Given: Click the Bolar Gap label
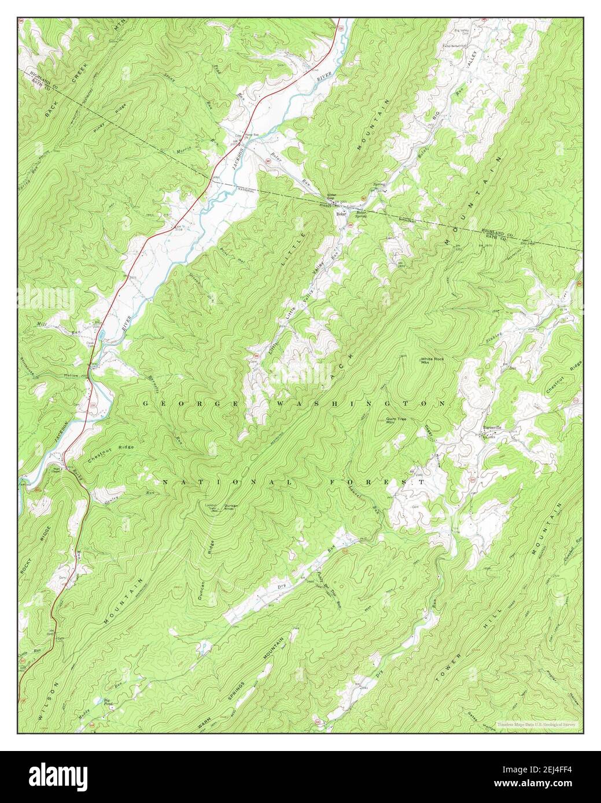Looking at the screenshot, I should pyautogui.click(x=331, y=196).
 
